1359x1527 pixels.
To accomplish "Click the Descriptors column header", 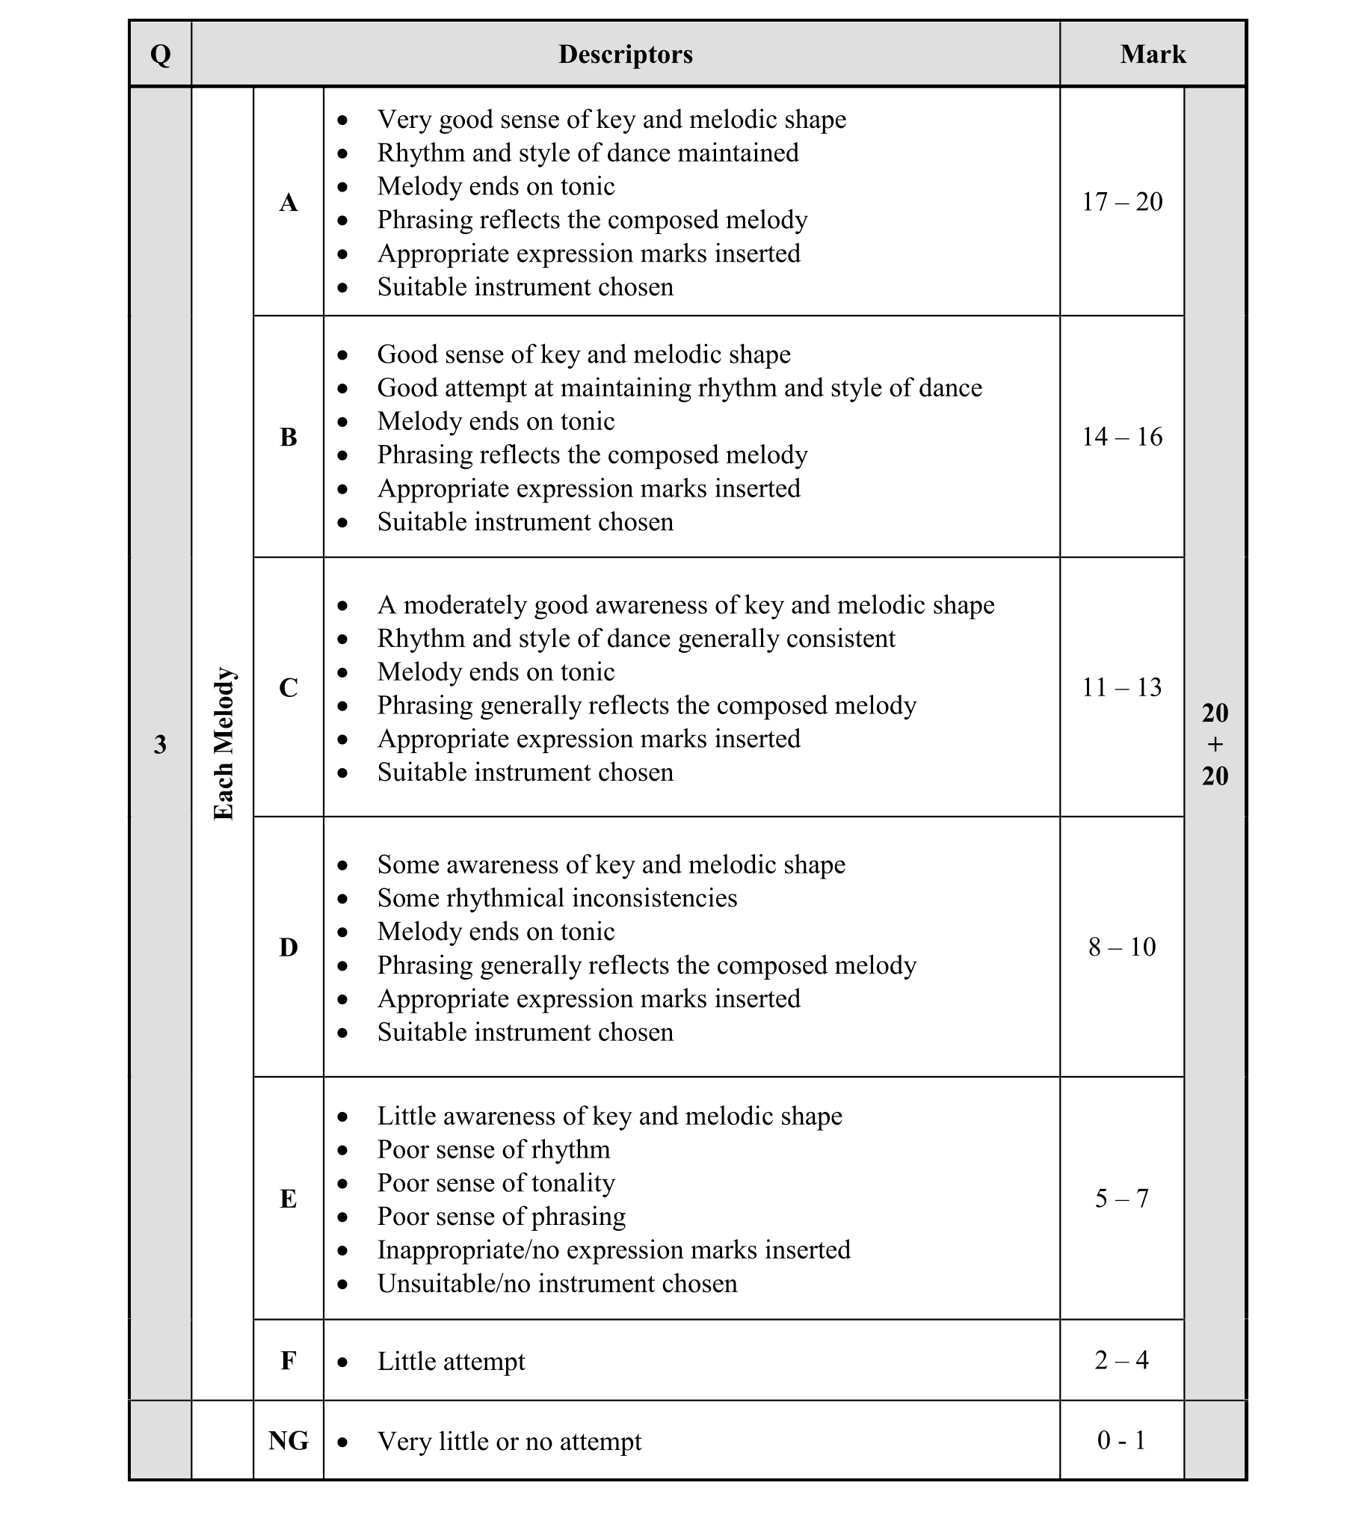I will coord(625,55).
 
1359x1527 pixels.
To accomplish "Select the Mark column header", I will coord(1152,55).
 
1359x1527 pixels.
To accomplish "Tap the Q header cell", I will coord(160,55).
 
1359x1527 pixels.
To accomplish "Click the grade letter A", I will coord(289,202).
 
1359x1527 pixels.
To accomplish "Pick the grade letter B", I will coord(289,437).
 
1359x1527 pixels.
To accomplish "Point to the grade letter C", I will coord(289,687).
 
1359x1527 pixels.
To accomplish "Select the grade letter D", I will coord(289,947).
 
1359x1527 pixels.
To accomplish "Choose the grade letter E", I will coord(289,1199).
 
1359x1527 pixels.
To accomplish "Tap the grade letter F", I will coord(289,1360).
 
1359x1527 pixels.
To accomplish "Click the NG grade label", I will coord(289,1440).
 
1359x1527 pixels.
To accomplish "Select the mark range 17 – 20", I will coord(1122,202).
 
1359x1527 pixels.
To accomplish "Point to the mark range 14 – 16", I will coord(1122,437).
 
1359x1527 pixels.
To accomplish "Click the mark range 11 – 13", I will coord(1122,687).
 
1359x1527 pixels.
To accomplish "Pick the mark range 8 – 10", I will coord(1122,947).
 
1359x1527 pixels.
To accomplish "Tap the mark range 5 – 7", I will coord(1122,1199).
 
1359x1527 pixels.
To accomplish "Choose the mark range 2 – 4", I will coord(1122,1360).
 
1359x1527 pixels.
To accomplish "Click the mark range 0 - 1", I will coord(1122,1440).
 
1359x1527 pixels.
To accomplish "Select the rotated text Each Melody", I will coord(224,744).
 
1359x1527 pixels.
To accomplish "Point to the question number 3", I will coord(160,744).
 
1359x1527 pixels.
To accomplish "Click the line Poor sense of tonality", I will coord(496,1183).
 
